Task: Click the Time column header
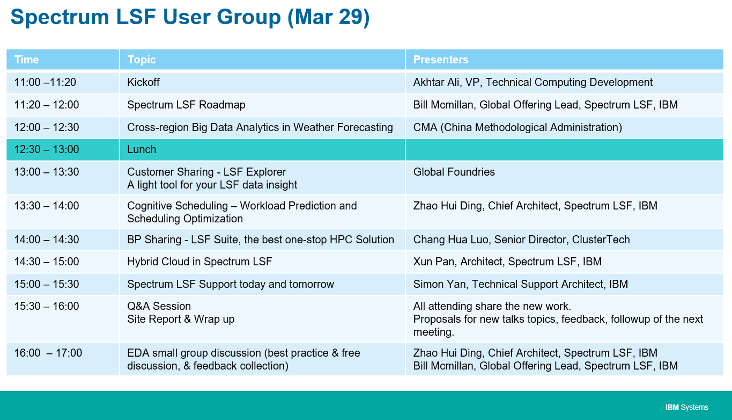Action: pos(26,60)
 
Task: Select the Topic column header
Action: pos(142,60)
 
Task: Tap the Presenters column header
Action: pos(440,60)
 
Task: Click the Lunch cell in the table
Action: pos(142,149)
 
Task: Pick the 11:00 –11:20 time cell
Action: pos(45,82)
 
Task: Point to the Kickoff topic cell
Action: pos(143,82)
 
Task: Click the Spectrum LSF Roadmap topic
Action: pos(186,105)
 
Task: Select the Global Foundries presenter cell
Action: pos(454,172)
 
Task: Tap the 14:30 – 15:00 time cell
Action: pos(47,262)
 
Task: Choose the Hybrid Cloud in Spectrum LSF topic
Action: pos(199,262)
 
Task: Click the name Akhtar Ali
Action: pos(436,82)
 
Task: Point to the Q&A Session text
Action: pos(159,306)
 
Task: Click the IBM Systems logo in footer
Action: pos(686,407)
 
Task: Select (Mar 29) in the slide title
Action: pos(328,17)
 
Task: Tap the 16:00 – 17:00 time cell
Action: pos(48,353)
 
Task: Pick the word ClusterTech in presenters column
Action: pos(601,240)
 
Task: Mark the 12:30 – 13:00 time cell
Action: pos(47,149)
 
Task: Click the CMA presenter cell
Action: pos(517,127)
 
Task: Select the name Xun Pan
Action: pos(434,262)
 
